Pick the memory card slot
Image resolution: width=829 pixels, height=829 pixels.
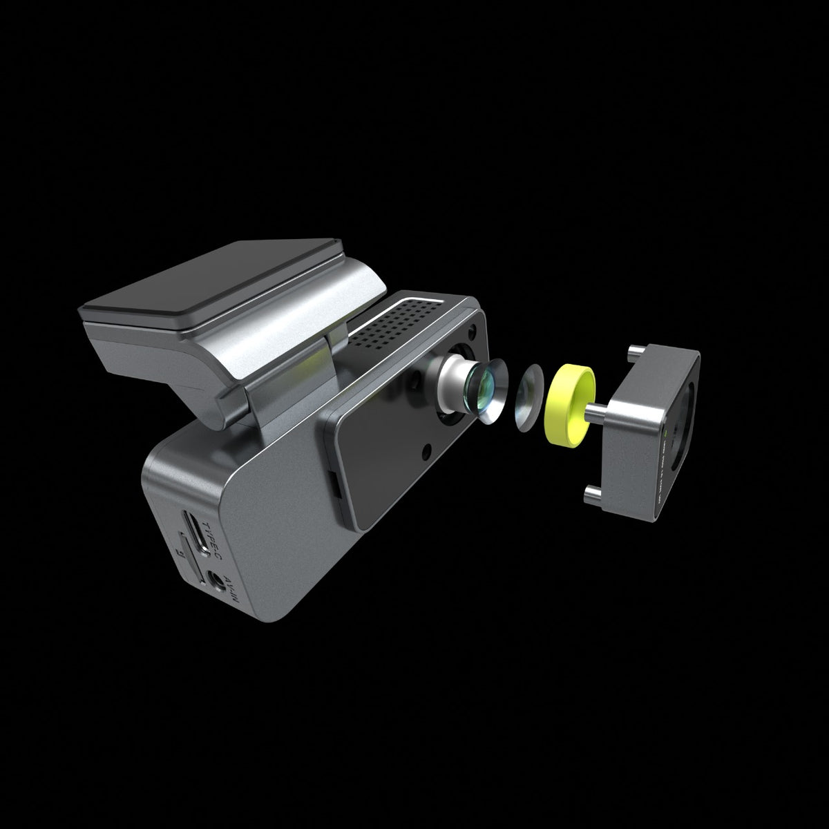[188, 557]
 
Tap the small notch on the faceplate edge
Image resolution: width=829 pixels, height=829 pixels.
[336, 484]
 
